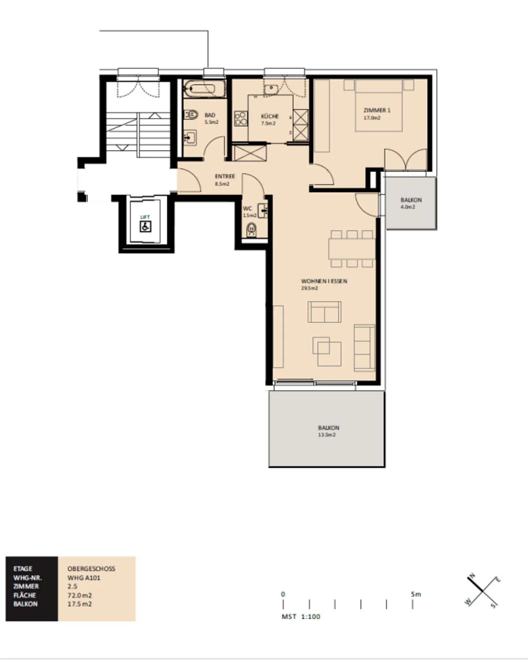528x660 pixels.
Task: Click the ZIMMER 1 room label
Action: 377,110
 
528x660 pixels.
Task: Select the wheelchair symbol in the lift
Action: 145,227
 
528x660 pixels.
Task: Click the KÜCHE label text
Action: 269,116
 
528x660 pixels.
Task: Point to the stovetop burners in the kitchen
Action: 241,118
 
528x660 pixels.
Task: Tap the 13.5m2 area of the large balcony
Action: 326,435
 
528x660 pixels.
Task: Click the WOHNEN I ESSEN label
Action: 324,281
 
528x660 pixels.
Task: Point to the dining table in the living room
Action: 351,249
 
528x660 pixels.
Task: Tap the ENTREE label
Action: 225,176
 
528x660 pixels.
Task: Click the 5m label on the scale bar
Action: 416,594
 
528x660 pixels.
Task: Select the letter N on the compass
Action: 473,575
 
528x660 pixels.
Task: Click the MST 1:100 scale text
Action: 301,616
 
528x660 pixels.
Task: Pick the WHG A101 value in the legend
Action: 84,578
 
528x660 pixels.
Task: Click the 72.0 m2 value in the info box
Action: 79,595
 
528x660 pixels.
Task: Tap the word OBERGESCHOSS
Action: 91,568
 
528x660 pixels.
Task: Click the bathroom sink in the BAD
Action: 190,138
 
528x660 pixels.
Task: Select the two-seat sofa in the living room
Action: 324,312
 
